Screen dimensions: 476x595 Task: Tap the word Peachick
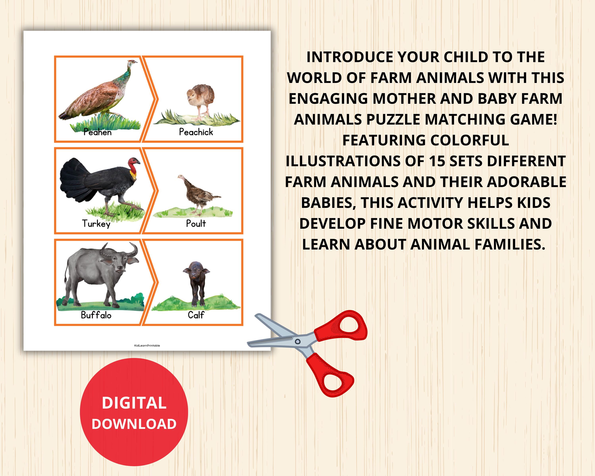click(196, 132)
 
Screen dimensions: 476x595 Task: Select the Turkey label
click(96, 223)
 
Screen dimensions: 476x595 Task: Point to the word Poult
click(196, 223)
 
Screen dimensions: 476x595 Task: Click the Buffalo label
click(96, 315)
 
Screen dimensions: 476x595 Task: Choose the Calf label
click(196, 315)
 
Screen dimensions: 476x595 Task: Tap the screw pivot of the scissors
click(298, 342)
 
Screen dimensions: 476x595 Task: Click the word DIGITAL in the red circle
click(134, 403)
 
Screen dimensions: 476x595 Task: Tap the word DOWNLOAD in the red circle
click(134, 424)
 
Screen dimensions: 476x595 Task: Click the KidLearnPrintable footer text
click(147, 345)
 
